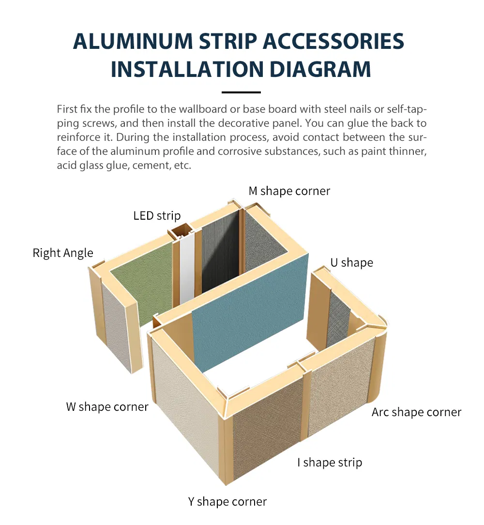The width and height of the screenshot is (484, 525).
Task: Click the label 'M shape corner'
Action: [289, 191]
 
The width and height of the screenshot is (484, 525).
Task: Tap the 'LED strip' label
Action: [157, 216]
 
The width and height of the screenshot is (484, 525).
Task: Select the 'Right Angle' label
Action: [63, 253]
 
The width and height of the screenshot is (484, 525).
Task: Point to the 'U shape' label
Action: [352, 263]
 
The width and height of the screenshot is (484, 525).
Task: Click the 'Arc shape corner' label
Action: [416, 412]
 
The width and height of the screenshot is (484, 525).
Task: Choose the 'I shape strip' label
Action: [330, 463]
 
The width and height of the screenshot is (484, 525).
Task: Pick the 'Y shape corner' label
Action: [227, 502]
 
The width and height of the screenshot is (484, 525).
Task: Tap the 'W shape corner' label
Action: [107, 407]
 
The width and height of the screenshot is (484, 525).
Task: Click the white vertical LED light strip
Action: [187, 268]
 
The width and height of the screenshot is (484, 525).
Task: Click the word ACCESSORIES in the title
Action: [333, 42]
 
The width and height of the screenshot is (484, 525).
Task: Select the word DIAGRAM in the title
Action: [320, 70]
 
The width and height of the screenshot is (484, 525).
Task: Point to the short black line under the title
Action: [241, 92]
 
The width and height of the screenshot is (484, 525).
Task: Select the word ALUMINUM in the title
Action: [133, 42]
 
